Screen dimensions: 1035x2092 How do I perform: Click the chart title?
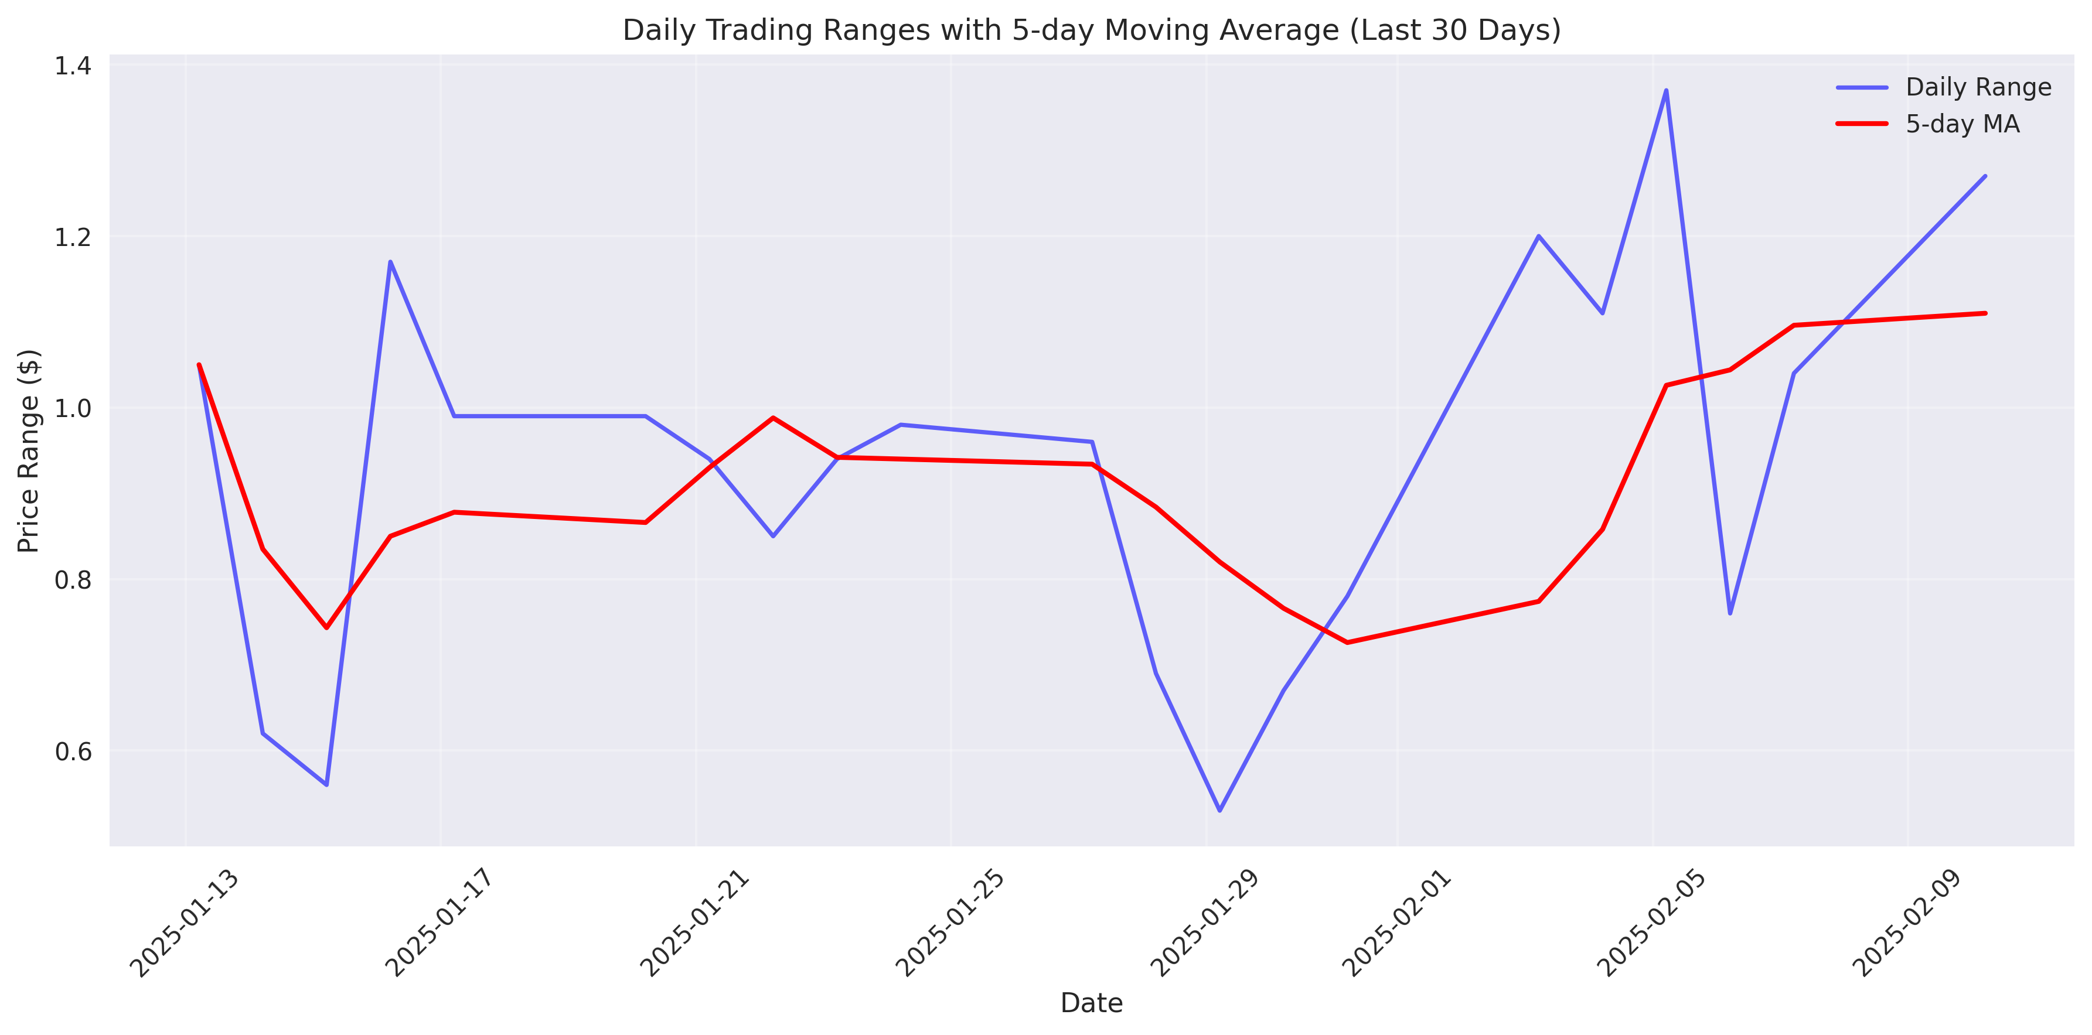(x=1092, y=30)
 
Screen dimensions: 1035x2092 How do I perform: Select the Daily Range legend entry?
(x=1978, y=87)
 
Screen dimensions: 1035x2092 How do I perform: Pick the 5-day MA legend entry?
(x=1961, y=124)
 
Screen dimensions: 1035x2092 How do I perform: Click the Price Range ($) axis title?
(x=29, y=450)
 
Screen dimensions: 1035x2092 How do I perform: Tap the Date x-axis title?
(x=1092, y=1003)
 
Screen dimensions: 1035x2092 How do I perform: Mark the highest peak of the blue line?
(x=1667, y=90)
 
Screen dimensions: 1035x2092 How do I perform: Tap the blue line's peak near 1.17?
(x=391, y=261)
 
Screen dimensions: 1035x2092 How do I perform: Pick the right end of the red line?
(x=1985, y=313)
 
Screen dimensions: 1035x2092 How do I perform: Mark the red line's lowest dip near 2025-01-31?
(x=1347, y=642)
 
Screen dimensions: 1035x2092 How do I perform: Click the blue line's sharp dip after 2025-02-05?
(x=1730, y=613)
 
